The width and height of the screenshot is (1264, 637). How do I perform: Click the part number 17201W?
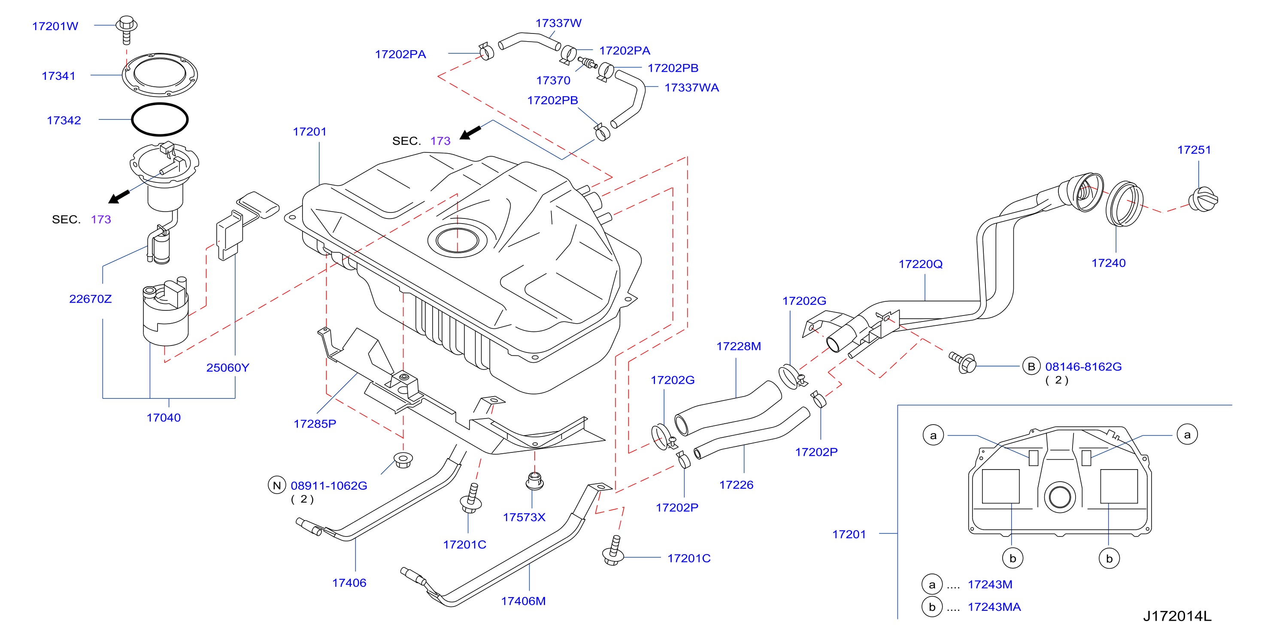coord(55,26)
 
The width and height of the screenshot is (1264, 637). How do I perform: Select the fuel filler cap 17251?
coord(1203,199)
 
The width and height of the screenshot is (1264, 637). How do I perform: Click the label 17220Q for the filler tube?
coord(921,264)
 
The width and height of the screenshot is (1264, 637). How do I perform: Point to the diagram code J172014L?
coord(1177,616)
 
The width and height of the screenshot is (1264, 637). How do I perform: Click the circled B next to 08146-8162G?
coord(1031,366)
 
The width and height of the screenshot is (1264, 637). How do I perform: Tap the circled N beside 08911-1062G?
coord(277,485)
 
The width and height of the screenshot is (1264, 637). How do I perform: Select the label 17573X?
coord(524,517)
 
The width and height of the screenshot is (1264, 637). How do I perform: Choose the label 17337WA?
coord(691,88)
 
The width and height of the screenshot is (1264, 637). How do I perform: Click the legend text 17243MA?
coord(994,607)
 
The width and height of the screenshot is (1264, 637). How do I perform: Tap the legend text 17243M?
coord(990,584)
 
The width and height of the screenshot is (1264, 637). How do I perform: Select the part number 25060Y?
coord(227,367)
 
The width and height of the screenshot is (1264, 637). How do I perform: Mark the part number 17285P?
coord(315,424)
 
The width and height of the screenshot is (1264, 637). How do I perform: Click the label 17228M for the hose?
coord(739,346)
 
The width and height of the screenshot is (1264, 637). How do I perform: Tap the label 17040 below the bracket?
coord(164,418)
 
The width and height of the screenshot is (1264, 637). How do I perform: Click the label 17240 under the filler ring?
coord(1109,263)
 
